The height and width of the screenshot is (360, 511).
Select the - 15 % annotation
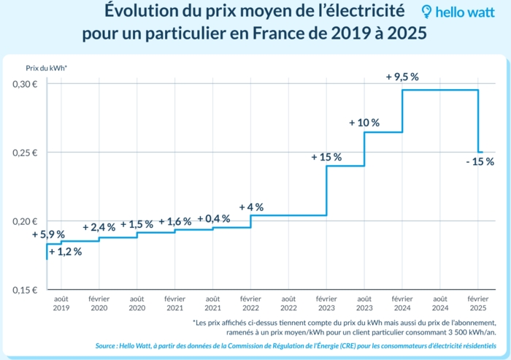click(480, 161)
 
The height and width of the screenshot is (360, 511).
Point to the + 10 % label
click(364, 123)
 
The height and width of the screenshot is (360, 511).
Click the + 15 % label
click(326, 157)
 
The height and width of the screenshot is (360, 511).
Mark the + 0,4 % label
click(213, 218)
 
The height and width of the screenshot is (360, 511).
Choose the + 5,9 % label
click(49, 234)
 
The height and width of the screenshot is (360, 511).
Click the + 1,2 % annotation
click(65, 252)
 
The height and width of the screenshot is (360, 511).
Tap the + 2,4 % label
click(99, 227)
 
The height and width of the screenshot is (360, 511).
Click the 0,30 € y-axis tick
click(26, 84)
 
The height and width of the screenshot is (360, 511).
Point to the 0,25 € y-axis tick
click(26, 153)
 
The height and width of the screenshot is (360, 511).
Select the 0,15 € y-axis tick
click(26, 290)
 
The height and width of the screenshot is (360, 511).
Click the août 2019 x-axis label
click(61, 303)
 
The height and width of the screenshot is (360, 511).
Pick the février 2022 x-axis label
click(250, 303)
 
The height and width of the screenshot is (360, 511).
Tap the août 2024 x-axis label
click(440, 303)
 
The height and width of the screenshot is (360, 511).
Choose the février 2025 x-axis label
click(478, 303)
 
